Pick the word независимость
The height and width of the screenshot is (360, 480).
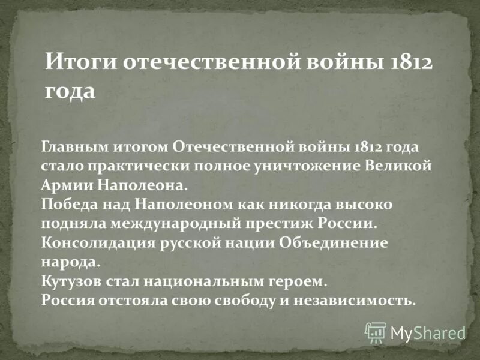pos(349,299)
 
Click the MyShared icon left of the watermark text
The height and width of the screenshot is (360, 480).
pos(376,332)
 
